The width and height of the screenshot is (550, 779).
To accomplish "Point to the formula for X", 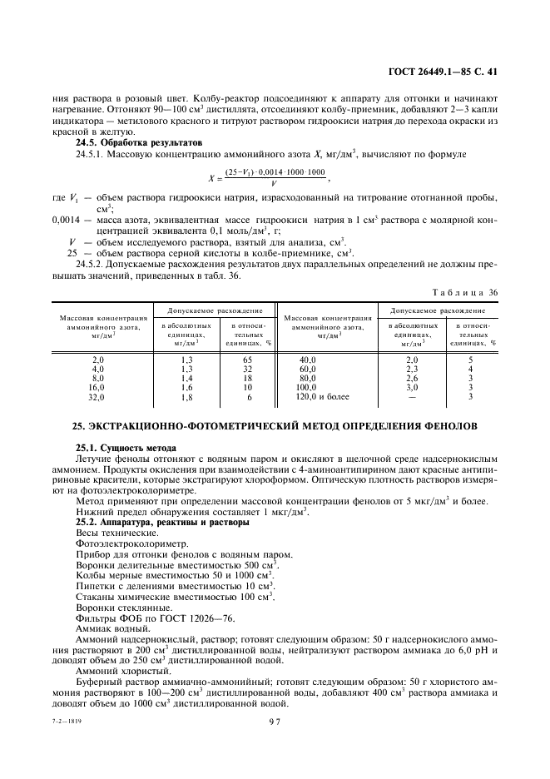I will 268,177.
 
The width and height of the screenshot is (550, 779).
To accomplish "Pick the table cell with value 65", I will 247,360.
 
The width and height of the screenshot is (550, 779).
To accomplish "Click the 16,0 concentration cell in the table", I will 98,387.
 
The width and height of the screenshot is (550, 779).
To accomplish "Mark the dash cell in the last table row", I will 411,397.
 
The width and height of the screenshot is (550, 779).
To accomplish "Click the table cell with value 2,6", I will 411,378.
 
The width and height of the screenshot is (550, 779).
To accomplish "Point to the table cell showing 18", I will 247,378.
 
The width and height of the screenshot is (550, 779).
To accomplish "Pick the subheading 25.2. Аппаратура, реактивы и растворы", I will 155,522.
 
